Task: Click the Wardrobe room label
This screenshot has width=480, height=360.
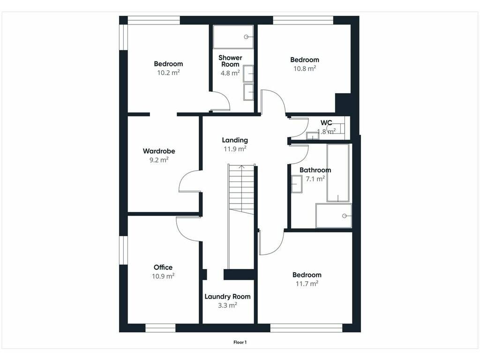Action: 159,151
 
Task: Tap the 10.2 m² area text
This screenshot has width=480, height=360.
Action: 168,73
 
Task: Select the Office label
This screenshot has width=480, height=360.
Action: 163,267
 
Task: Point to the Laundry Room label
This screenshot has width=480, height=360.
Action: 227,297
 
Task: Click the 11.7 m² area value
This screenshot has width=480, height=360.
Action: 307,284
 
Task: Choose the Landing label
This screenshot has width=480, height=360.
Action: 235,140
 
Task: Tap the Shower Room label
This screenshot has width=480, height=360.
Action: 230,61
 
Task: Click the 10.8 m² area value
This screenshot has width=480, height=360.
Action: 305,68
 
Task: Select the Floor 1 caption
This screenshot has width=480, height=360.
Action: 240,342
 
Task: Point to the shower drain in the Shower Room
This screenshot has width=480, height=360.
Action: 246,37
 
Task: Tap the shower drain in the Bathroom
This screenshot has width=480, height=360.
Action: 345,216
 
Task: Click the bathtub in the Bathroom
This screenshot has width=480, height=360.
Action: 338,172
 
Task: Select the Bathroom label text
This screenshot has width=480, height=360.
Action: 315,170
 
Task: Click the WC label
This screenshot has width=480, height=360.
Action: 326,123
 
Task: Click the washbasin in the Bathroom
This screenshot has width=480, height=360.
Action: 297,184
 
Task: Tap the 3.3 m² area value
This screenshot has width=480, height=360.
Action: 227,305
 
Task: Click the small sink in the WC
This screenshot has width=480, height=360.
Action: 313,135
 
